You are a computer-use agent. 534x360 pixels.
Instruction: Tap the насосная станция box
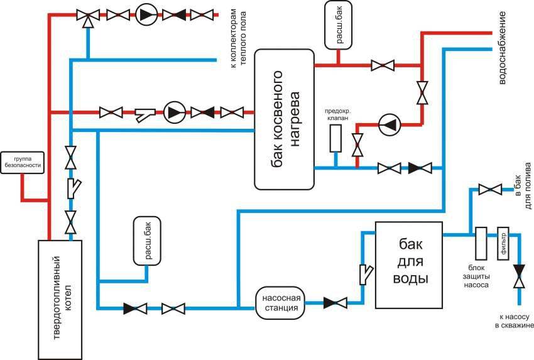(x=281, y=302)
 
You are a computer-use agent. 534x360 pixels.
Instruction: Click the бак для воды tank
(x=409, y=265)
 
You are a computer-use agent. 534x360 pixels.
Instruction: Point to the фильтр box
(x=502, y=243)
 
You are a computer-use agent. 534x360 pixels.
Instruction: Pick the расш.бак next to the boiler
(x=148, y=241)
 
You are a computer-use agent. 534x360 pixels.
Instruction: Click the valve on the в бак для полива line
(x=490, y=188)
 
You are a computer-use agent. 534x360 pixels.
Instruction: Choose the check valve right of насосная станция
(x=334, y=303)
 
